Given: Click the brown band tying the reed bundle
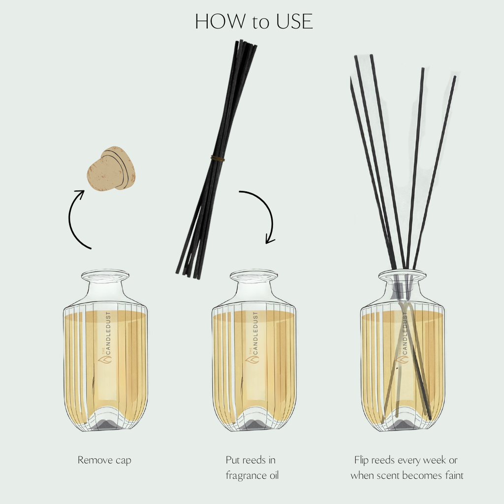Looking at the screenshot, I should coord(218,158).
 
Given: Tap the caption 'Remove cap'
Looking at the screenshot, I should coord(104,460).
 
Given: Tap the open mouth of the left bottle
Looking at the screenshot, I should coord(105,276).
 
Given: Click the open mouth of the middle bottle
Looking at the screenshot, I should coord(254,276).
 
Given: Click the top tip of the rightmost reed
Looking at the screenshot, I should coord(454,78).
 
